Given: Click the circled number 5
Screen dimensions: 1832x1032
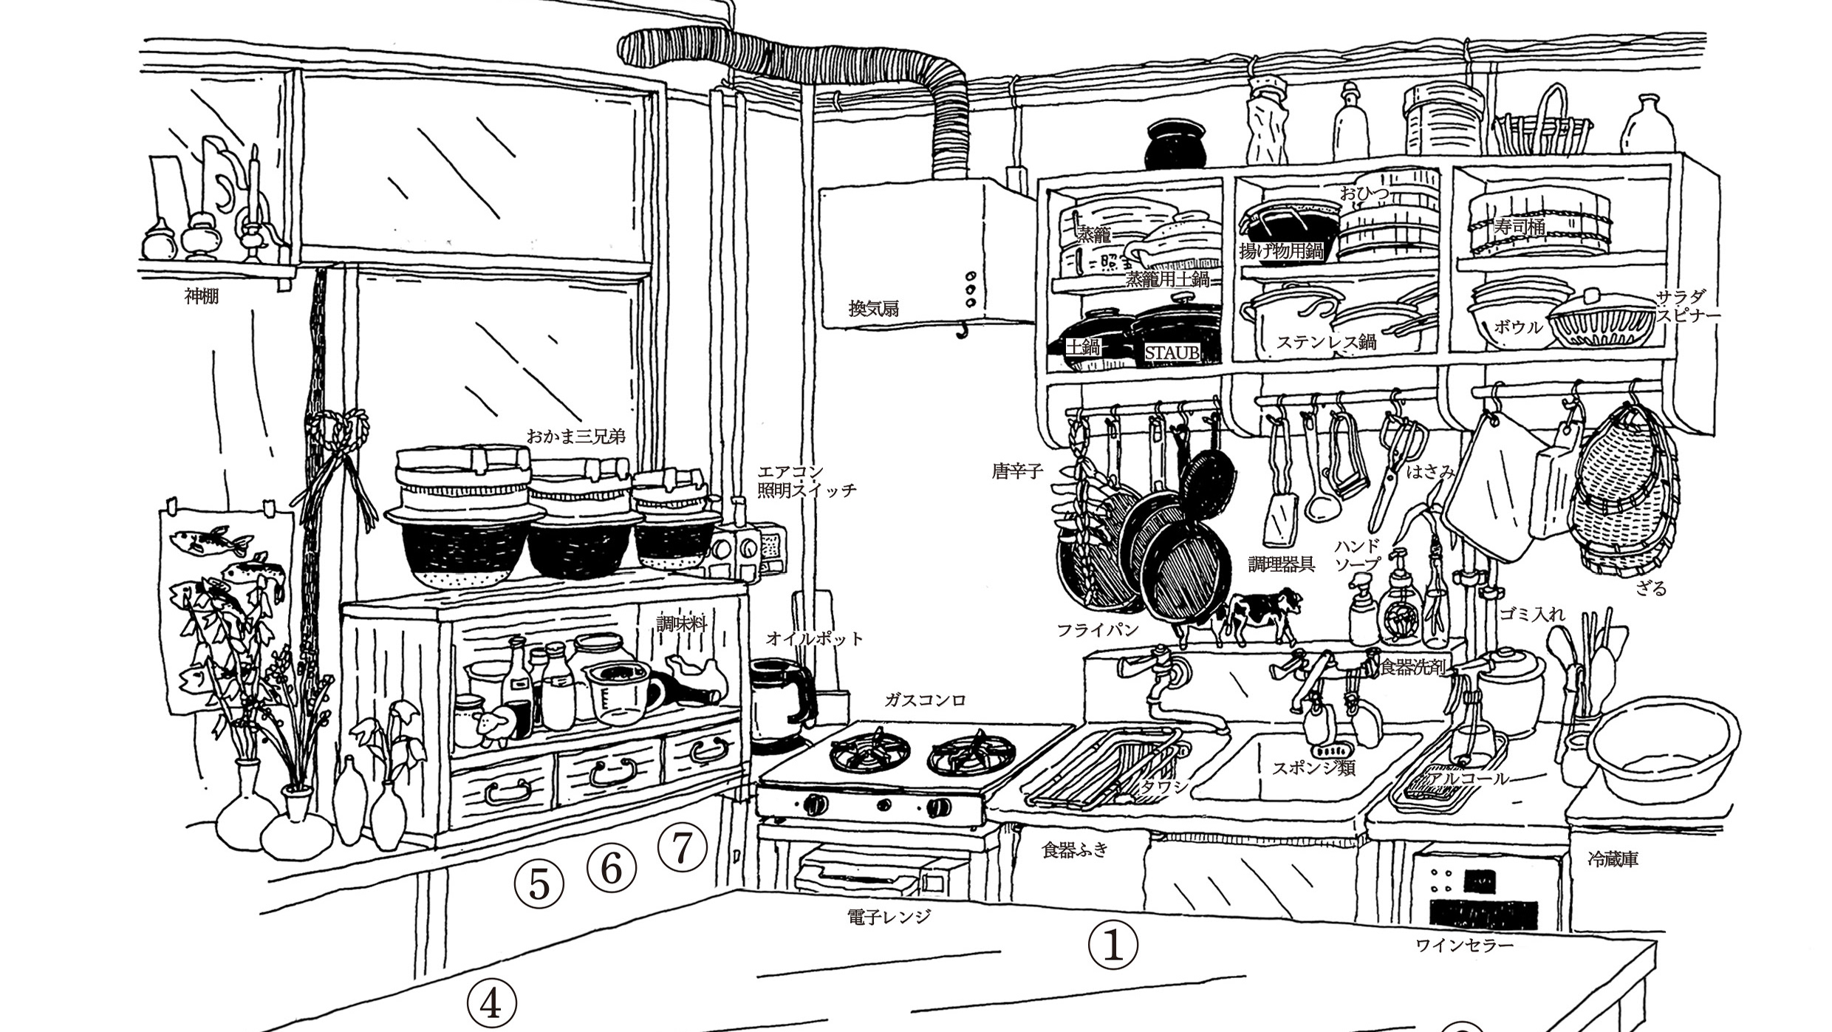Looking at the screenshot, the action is tap(539, 885).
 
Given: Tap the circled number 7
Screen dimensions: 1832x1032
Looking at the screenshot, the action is tap(682, 849).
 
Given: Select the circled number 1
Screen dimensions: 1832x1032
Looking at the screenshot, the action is tap(1113, 946).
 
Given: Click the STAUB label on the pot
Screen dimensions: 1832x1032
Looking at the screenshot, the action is tap(1172, 353).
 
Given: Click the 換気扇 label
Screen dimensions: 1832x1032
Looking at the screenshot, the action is tap(873, 309).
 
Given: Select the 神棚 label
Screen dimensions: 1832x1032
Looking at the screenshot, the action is tap(202, 297).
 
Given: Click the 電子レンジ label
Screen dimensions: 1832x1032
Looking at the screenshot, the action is tap(889, 917).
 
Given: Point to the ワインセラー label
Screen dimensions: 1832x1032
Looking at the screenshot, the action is tap(1465, 945).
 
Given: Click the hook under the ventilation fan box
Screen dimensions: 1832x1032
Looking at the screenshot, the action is tap(961, 331).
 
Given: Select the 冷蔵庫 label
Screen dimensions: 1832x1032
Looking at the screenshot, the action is tap(1613, 859).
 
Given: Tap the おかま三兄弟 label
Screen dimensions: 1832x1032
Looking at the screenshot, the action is tap(575, 436).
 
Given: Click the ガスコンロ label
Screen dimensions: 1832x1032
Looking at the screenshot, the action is tap(925, 700).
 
